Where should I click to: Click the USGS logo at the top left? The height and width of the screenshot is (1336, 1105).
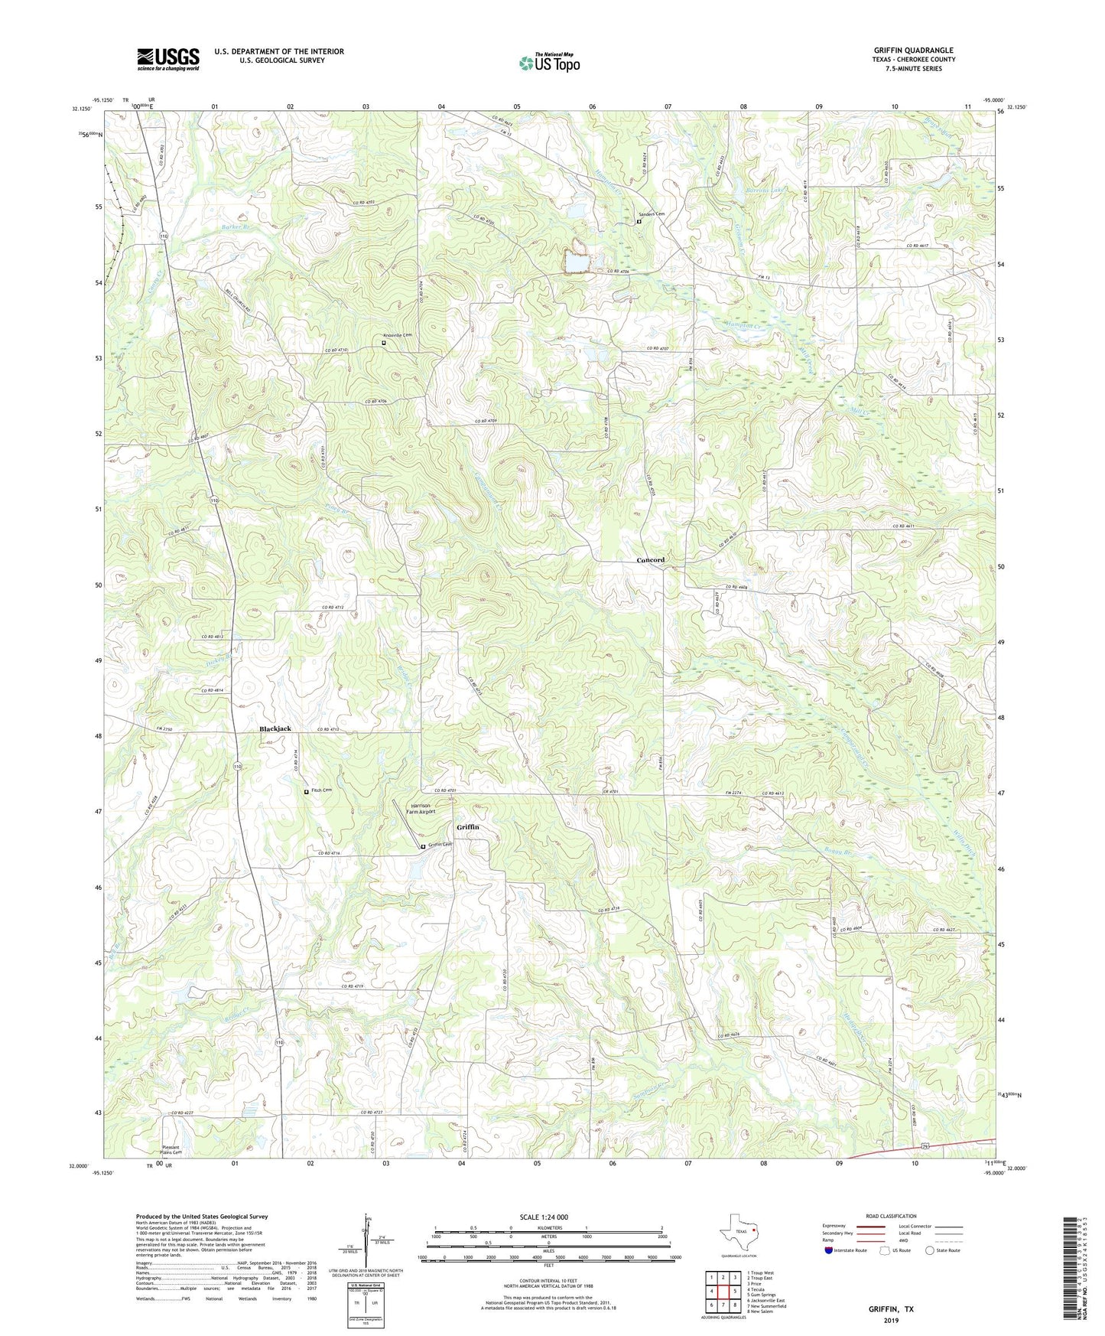(x=168, y=59)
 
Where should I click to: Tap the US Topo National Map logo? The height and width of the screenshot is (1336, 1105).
(x=549, y=62)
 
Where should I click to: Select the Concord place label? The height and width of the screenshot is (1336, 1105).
(x=651, y=560)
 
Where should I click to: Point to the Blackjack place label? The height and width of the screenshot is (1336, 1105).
(x=275, y=729)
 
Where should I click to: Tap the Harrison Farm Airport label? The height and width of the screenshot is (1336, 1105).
(x=423, y=809)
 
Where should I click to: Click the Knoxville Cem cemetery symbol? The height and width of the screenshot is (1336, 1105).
(x=384, y=344)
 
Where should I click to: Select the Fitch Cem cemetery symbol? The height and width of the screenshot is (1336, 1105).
(x=307, y=793)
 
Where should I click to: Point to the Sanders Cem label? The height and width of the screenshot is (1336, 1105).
(x=652, y=214)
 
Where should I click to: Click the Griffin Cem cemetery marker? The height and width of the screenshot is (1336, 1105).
(x=423, y=846)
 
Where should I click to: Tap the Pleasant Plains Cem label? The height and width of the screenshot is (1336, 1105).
(x=171, y=1149)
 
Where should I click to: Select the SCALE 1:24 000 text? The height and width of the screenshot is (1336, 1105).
(x=544, y=1217)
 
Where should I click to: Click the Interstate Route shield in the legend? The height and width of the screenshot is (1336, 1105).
(x=829, y=1250)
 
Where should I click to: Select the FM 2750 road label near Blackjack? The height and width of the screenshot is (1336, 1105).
(x=164, y=729)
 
